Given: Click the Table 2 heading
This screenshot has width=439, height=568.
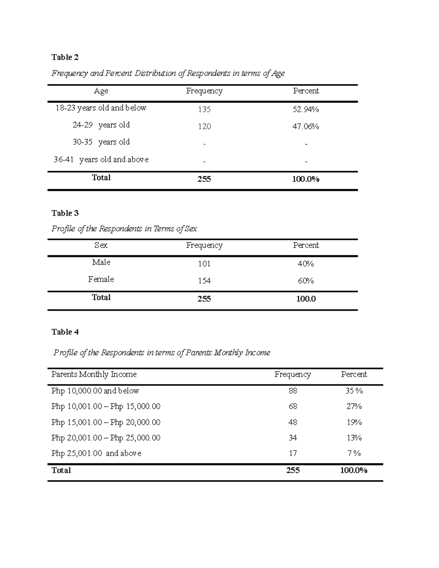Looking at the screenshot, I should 65,57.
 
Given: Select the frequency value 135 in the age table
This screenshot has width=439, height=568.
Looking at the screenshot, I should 204,109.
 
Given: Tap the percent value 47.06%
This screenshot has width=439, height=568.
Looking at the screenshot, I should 306,127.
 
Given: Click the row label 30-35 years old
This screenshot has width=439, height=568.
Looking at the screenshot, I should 101,142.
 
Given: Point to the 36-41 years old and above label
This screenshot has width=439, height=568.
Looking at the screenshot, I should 101,159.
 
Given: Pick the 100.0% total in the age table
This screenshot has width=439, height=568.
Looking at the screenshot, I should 306,179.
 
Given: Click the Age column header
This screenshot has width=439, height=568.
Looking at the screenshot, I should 101,91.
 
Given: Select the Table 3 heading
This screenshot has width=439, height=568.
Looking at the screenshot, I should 65,213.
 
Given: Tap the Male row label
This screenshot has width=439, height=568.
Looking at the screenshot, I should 101,262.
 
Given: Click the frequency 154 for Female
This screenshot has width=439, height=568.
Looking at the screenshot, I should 204,281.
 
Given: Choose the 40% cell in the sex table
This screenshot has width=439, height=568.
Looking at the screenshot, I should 306,264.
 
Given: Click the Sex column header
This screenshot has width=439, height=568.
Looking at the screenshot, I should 101,245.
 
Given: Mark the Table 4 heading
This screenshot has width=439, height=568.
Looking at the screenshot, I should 65,332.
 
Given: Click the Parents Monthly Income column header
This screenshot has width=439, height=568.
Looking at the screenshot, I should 94,375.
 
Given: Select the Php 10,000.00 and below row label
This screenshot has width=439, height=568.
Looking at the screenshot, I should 95,391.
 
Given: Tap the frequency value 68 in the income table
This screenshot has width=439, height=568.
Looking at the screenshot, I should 293,406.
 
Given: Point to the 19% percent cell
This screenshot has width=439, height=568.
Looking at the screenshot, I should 354,422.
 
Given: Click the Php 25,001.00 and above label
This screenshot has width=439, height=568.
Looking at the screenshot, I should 96,454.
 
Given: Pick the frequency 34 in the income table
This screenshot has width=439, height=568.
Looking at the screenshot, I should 293,438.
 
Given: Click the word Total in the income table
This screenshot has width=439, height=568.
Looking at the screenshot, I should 61,470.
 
